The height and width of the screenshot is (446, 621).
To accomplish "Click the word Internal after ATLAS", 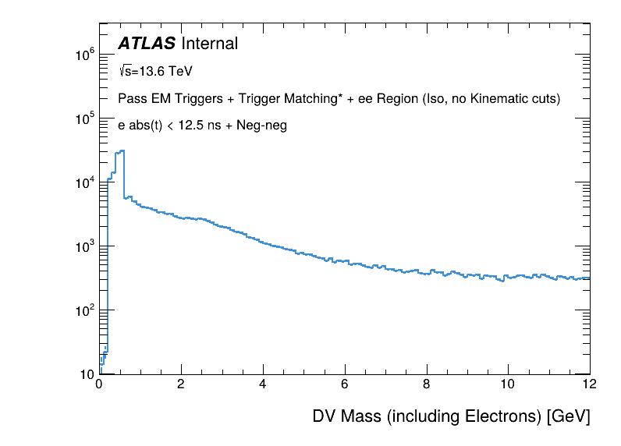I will click(209, 44).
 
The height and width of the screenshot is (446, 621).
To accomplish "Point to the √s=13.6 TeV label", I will click(155, 71).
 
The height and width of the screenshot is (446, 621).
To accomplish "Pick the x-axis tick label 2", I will click(181, 384).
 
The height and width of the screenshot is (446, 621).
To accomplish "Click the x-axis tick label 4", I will click(263, 384).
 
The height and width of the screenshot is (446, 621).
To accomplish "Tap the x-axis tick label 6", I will click(345, 384).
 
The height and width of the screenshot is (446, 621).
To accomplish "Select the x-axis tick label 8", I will click(427, 384).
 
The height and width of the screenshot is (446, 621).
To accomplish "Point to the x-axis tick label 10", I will click(508, 384).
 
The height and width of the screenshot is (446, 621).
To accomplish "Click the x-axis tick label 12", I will click(589, 384).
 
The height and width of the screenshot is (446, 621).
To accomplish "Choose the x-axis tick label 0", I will click(99, 384).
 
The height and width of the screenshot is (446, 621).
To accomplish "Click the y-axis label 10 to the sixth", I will click(84, 55).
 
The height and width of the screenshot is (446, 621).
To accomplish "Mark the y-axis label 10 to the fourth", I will click(84, 182).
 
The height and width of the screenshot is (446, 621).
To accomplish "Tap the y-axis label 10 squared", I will click(84, 310).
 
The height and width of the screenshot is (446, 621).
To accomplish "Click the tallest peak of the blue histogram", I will click(122, 150).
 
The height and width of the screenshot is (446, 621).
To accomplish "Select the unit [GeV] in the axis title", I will click(567, 416).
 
